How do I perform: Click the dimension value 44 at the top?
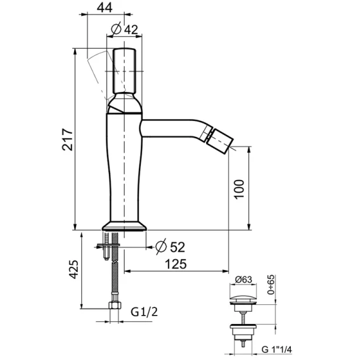105,8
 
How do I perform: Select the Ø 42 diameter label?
124,29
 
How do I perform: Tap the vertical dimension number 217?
67,139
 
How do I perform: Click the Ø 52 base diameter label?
170,247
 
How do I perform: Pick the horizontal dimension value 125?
176,264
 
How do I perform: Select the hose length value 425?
74,269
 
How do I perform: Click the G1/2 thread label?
144,312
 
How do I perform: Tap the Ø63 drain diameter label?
243,280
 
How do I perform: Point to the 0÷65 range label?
271,285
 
